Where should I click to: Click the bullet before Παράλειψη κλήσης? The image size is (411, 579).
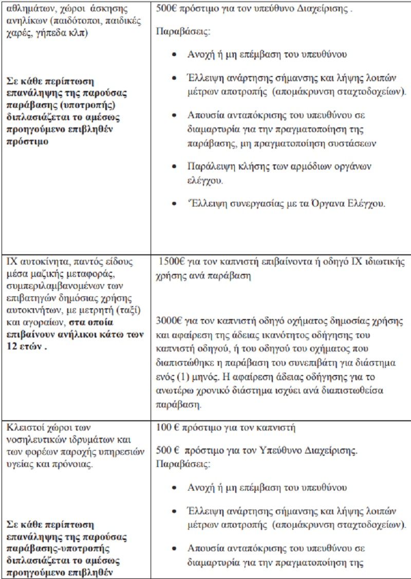(176, 167)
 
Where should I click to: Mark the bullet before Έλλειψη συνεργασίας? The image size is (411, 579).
(176, 204)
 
